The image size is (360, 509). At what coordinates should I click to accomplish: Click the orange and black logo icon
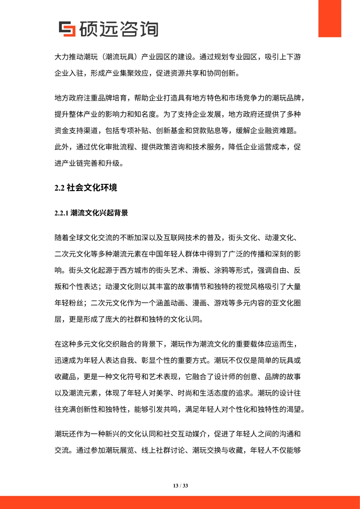(67, 29)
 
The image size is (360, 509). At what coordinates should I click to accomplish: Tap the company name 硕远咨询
(119, 29)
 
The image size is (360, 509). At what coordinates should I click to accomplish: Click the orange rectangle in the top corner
(329, 18)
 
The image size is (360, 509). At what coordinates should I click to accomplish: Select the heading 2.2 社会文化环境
(86, 188)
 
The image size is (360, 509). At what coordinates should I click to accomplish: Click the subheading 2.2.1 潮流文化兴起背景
(91, 213)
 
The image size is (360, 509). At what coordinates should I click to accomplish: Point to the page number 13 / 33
(180, 486)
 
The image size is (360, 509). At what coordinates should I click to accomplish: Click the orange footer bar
(180, 502)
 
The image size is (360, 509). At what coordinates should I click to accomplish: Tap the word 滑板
(200, 270)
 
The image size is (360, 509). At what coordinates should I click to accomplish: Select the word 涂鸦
(221, 270)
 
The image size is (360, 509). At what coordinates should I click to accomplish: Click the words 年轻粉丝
(69, 303)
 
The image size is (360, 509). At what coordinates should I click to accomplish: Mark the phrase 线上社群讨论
(163, 450)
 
